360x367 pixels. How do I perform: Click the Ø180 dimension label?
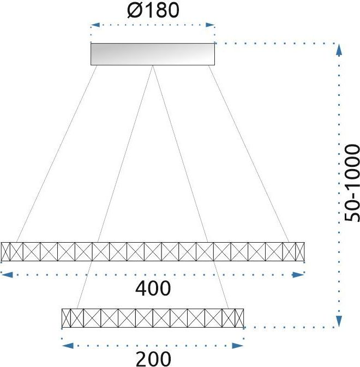(153, 10)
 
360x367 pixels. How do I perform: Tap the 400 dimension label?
(153, 288)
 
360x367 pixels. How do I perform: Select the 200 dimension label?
(153, 359)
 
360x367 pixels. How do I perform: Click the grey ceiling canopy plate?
(153, 54)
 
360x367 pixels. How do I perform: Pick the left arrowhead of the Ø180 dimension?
(95, 25)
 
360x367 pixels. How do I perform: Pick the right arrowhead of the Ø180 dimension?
(210, 25)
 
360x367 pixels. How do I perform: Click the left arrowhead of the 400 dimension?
(7, 274)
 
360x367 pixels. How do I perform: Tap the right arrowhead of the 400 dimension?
(298, 274)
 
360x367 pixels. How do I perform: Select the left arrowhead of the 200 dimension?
(68, 346)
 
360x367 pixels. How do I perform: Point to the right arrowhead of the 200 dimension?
(238, 346)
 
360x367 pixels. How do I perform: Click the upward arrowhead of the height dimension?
(339, 50)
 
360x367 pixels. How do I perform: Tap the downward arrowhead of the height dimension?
(339, 321)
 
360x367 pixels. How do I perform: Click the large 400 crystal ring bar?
(153, 251)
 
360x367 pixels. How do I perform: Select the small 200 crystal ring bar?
(153, 318)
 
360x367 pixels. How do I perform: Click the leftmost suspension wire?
(57, 154)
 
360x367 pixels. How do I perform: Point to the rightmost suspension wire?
(249, 154)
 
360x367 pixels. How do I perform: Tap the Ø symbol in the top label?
(134, 10)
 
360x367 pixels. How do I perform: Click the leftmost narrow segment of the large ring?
(5, 251)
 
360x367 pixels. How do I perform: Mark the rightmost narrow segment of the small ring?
(239, 318)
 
